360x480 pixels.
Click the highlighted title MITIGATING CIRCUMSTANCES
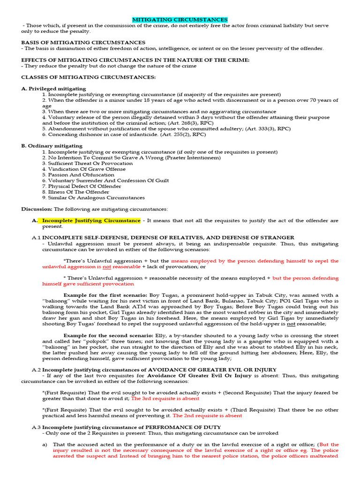tap(180, 20)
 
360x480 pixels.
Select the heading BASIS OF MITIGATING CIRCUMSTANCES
tap(83, 43)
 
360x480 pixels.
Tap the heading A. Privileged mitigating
tap(53, 89)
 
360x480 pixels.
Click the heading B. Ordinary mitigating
tap(52, 146)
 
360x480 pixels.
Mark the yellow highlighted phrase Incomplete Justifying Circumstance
tap(91, 220)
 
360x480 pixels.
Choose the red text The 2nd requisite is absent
tap(207, 415)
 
